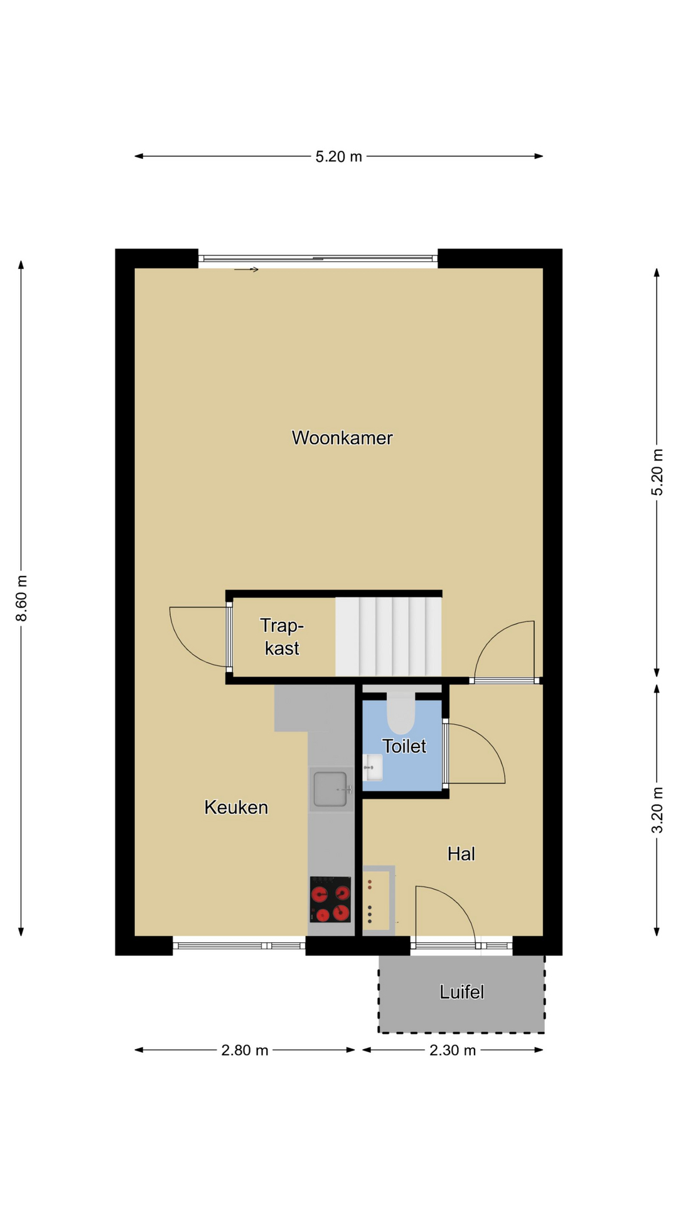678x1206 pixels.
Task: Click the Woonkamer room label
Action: coord(342,438)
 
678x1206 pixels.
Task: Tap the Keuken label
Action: coord(236,807)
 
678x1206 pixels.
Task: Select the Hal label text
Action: coord(461,854)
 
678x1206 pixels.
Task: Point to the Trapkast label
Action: coord(282,636)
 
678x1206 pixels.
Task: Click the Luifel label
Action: coord(461,992)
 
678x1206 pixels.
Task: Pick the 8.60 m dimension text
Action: coord(22,598)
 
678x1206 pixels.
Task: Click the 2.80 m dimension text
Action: coord(245,1050)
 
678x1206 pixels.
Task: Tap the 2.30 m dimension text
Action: coord(453,1050)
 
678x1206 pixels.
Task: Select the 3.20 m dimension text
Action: coord(657,810)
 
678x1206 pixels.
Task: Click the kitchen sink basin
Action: coord(330,789)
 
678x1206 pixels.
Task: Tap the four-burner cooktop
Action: coord(330,899)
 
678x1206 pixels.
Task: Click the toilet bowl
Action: coord(401,713)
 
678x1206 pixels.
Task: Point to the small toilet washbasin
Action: coord(373,768)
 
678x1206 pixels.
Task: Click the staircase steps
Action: coord(388,636)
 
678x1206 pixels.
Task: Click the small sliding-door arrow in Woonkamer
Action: coord(246,270)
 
